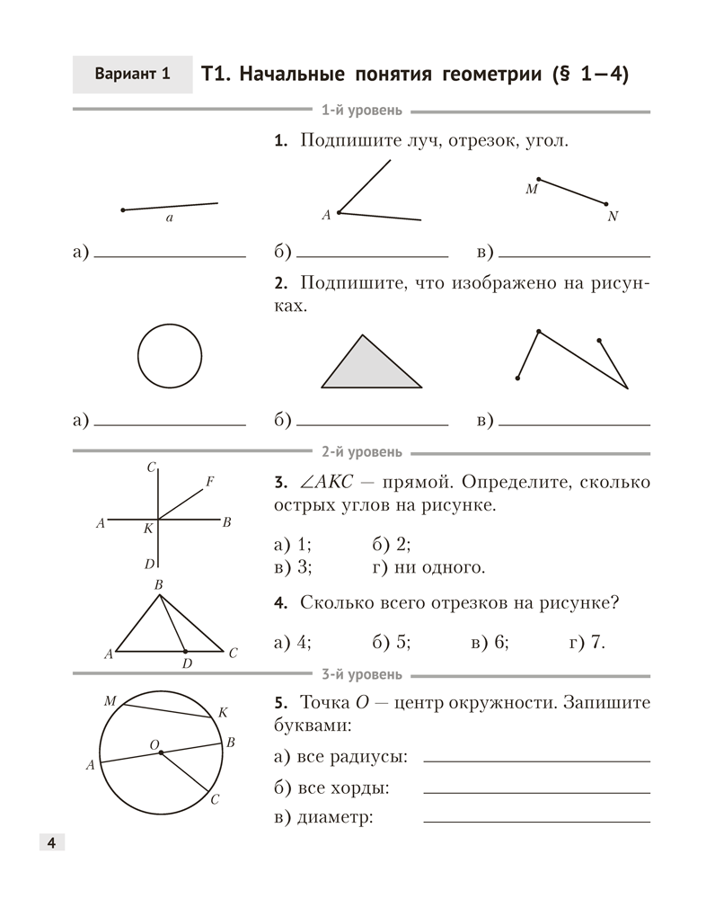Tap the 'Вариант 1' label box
[132, 75]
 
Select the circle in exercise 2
[170, 355]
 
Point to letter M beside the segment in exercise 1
[531, 191]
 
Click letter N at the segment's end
[613, 217]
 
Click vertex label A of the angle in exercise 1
[327, 215]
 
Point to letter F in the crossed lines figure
[209, 482]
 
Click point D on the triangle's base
[186, 650]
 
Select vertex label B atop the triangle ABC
[158, 585]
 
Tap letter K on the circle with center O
[223, 712]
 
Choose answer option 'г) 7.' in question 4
[587, 641]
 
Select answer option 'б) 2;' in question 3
[390, 543]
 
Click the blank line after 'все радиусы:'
[536, 761]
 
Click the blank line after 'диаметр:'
[536, 821]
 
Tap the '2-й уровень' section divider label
[361, 452]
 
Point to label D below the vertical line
[149, 564]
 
